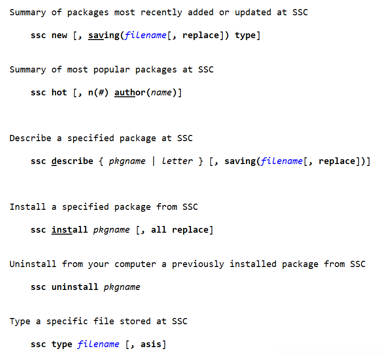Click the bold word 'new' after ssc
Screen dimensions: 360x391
[60, 35]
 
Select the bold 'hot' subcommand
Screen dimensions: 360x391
[60, 93]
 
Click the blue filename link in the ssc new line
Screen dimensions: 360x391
[146, 35]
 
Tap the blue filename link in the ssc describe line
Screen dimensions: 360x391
[282, 161]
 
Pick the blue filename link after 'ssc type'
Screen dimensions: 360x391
[99, 344]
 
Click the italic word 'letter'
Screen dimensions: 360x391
[177, 161]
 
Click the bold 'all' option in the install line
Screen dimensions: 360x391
[159, 230]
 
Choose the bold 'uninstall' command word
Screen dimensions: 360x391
[75, 287]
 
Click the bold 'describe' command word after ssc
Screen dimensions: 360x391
[72, 161]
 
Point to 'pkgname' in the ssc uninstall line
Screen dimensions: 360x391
[122, 287]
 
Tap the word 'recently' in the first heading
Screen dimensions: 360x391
[161, 12]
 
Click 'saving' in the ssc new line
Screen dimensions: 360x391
[104, 35]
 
